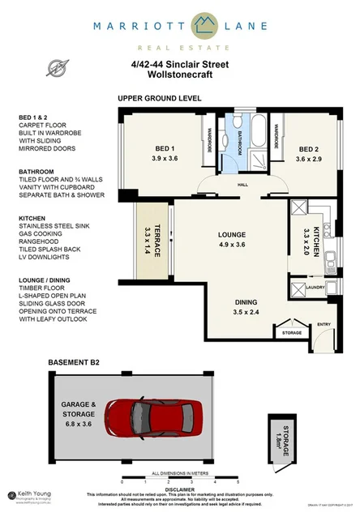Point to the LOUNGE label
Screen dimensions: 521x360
(231, 236)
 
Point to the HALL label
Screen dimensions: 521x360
(242, 184)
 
